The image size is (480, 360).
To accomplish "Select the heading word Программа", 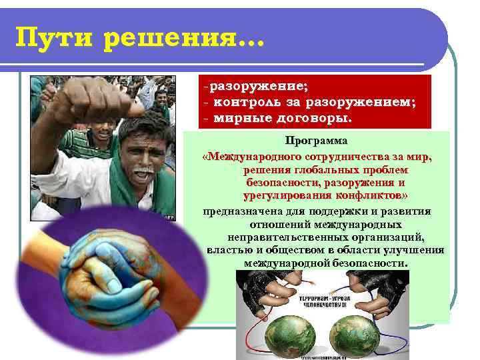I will point(317,142).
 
